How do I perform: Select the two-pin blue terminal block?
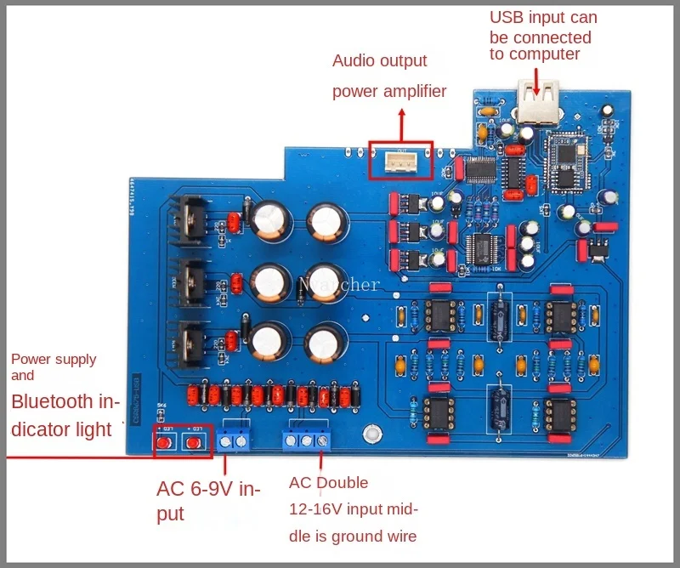click(x=237, y=440)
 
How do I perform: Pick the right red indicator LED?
click(x=195, y=441)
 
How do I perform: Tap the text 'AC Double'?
click(x=328, y=483)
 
